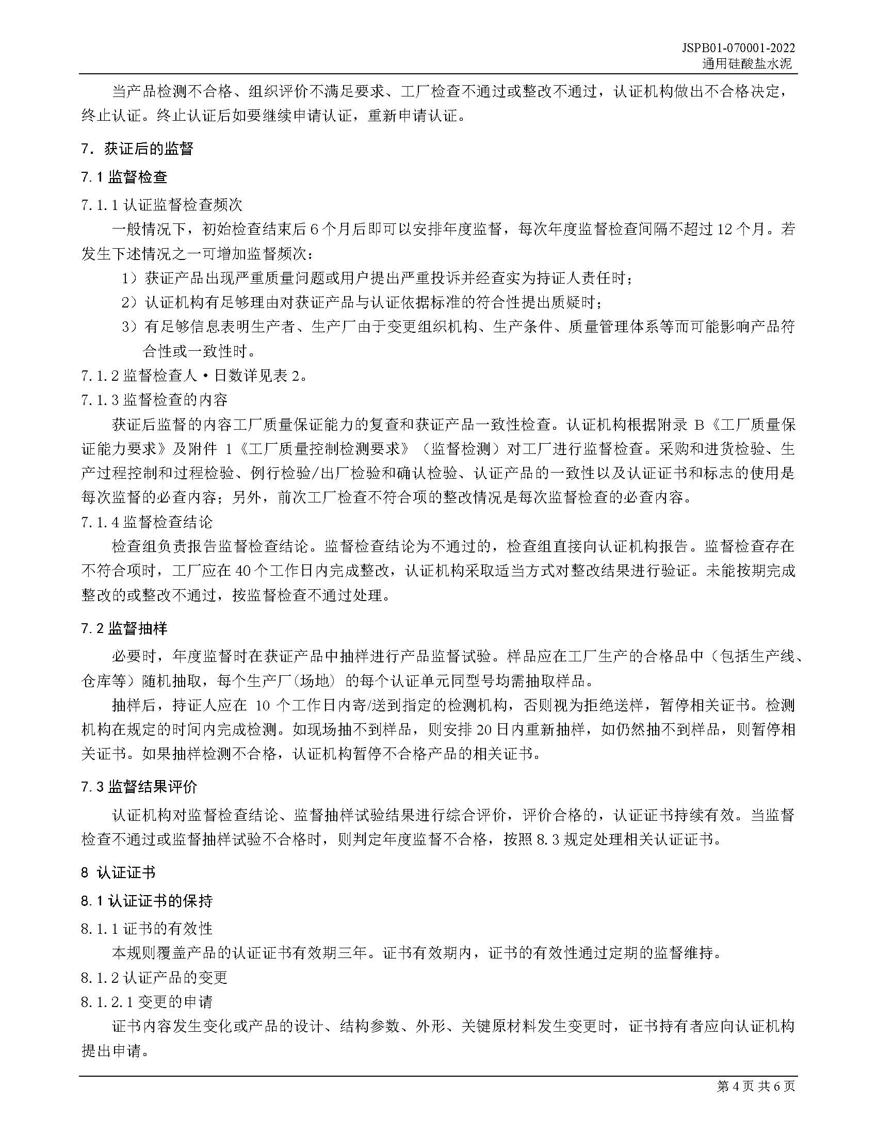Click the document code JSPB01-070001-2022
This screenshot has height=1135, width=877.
point(738,48)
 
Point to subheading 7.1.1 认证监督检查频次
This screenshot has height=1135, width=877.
point(161,205)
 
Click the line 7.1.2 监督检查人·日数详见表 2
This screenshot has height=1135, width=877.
point(193,375)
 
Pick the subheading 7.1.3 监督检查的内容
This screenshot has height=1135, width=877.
point(154,400)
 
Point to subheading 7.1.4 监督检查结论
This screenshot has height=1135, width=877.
point(147,522)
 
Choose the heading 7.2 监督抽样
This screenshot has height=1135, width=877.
point(124,629)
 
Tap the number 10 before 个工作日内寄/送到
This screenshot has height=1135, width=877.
point(264,705)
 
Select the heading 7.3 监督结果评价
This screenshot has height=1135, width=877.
point(139,787)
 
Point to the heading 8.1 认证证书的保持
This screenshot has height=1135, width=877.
point(147,901)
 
